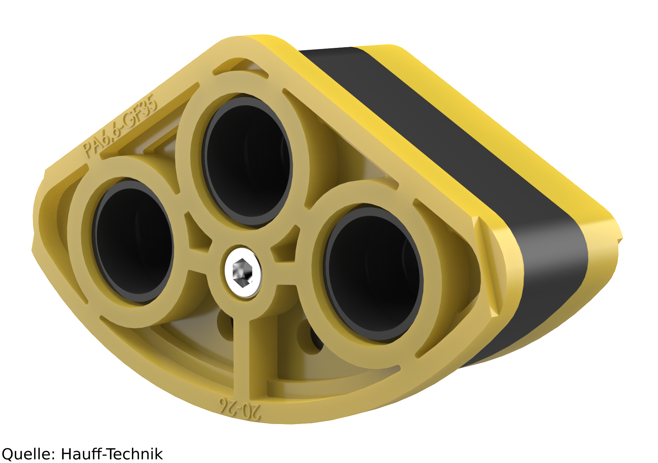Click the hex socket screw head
click(242, 272)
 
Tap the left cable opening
click(133, 241)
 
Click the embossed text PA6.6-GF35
click(120, 126)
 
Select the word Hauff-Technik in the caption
click(112, 453)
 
